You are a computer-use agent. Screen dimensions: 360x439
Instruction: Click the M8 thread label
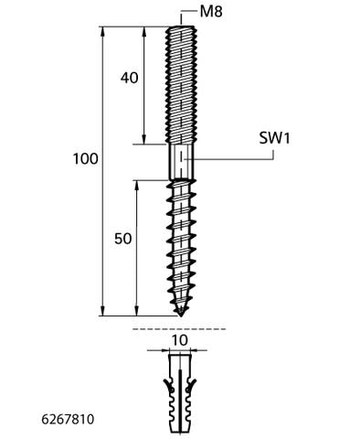pos(211,12)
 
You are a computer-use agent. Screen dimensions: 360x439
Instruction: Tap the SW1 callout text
pos(274,138)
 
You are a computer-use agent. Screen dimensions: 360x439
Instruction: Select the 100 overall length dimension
pos(86,159)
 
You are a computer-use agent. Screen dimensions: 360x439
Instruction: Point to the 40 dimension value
pos(129,78)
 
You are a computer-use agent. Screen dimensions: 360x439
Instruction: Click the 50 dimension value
pos(123,239)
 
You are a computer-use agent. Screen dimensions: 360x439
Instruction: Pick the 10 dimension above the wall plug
pos(180,340)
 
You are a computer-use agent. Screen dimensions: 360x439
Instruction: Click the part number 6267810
pos(68,420)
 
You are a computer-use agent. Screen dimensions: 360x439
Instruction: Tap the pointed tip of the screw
pos(181,316)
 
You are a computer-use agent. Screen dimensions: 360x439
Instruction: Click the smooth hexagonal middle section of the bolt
pos(181,162)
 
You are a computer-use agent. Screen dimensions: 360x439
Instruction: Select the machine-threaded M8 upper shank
pos(181,85)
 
